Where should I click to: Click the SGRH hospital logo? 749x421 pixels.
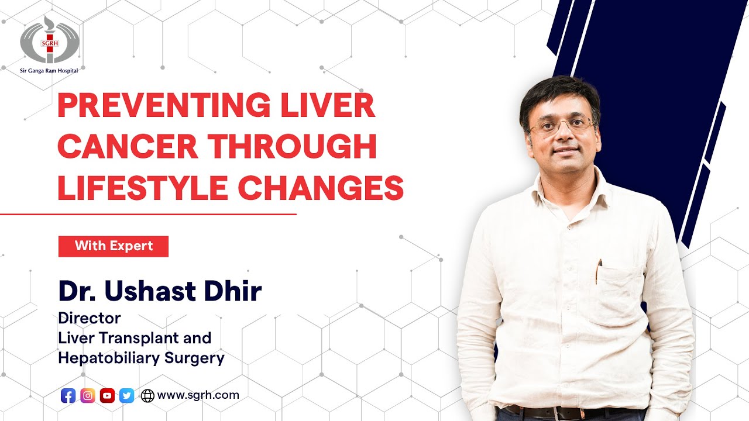click(x=49, y=40)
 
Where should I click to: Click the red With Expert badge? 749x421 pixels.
click(x=114, y=246)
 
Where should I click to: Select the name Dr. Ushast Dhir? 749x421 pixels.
click(x=160, y=291)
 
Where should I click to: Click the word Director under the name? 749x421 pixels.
click(x=90, y=319)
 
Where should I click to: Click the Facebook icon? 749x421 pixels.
click(x=68, y=396)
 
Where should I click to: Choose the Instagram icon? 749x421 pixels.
click(x=88, y=396)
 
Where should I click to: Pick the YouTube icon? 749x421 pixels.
click(x=107, y=396)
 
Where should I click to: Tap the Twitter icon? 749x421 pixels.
click(x=126, y=396)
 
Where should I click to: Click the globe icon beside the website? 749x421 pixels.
click(x=147, y=396)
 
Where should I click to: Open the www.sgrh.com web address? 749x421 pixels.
click(x=198, y=395)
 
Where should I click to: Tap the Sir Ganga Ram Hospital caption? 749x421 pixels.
click(x=49, y=71)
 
